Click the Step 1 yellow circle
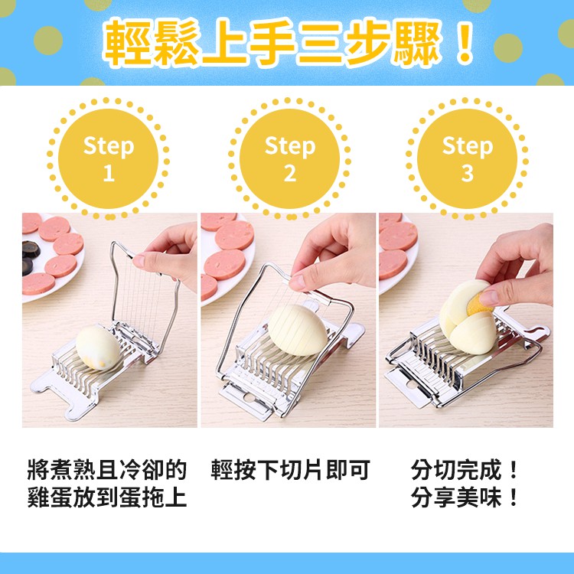point(108,158)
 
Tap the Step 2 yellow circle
point(289,158)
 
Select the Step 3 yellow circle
point(467,158)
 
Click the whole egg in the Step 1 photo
point(98,347)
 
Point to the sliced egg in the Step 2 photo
point(297,330)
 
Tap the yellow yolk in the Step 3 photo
point(478,305)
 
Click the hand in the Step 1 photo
point(167,256)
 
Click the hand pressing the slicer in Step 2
point(331,253)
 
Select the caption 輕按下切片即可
point(290,470)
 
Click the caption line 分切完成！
point(465,470)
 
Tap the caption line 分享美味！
point(465,497)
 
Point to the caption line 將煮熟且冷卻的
point(107,470)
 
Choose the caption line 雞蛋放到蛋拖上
point(107,497)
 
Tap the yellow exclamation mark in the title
point(465,42)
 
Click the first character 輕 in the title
point(127,42)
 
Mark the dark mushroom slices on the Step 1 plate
point(31,257)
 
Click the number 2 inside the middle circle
point(290,173)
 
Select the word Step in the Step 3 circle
point(468,146)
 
